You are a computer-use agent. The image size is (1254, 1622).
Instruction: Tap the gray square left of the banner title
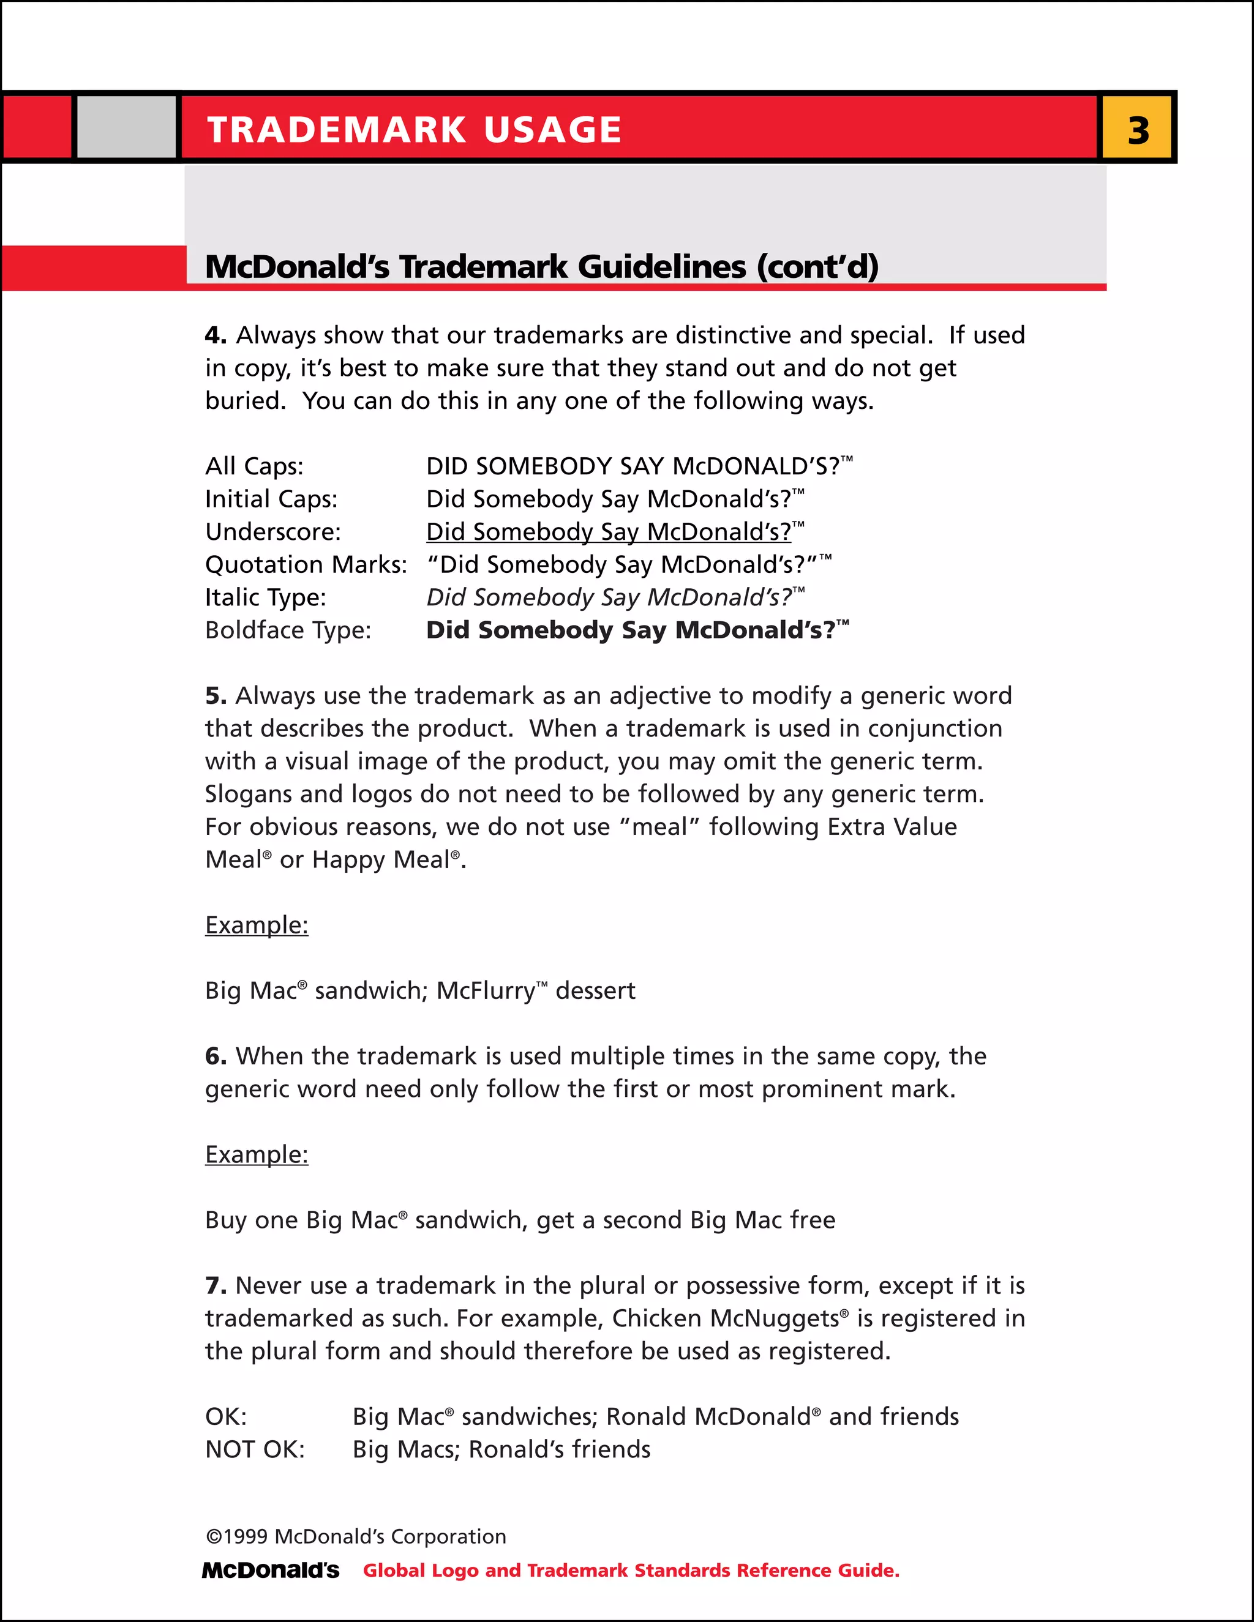(126, 127)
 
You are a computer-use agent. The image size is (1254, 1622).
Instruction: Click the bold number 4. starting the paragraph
(216, 335)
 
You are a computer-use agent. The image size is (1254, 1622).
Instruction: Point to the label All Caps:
(254, 466)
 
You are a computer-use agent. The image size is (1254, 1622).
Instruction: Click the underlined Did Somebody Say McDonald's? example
(609, 532)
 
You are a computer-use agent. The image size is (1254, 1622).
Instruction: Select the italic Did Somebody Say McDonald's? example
(609, 597)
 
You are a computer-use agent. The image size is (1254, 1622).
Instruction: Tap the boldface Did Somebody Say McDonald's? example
(630, 630)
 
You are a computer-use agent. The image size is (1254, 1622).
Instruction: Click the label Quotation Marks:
(306, 564)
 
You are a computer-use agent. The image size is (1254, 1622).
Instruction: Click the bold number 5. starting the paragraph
(216, 696)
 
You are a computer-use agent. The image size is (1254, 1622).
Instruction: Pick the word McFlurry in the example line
(485, 991)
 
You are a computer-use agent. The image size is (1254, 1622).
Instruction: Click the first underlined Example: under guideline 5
(257, 925)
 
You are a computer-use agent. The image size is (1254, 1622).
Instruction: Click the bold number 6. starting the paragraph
(216, 1056)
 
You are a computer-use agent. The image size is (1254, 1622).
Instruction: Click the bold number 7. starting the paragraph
(216, 1285)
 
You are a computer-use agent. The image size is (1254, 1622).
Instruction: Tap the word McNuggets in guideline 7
(774, 1318)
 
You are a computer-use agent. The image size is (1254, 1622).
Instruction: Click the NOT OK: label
(255, 1449)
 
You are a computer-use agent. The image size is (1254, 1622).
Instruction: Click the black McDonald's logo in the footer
(271, 1571)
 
